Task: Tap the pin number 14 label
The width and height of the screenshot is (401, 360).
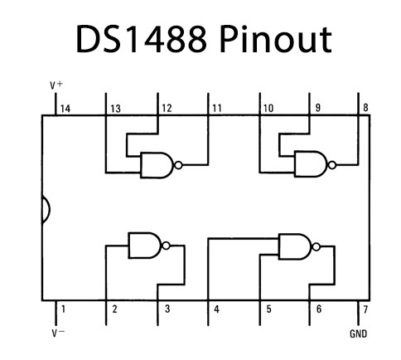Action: (64, 107)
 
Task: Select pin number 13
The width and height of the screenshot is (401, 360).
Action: (116, 107)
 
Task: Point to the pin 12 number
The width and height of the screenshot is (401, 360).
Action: (167, 107)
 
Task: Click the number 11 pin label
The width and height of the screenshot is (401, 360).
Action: (217, 107)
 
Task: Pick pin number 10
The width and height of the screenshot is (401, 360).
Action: (268, 107)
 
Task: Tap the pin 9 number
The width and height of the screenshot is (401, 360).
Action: (316, 107)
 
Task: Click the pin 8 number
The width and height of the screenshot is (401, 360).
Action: (365, 107)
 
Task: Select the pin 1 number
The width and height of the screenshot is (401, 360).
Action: (62, 310)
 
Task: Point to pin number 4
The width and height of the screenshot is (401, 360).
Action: (215, 310)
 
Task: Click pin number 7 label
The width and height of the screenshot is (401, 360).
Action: (365, 310)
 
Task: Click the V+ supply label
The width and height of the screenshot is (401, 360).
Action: (56, 87)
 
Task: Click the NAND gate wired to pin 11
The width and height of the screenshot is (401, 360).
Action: (157, 165)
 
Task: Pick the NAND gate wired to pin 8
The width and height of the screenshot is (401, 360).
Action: (309, 165)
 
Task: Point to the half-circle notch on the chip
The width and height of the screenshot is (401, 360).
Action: (45, 211)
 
